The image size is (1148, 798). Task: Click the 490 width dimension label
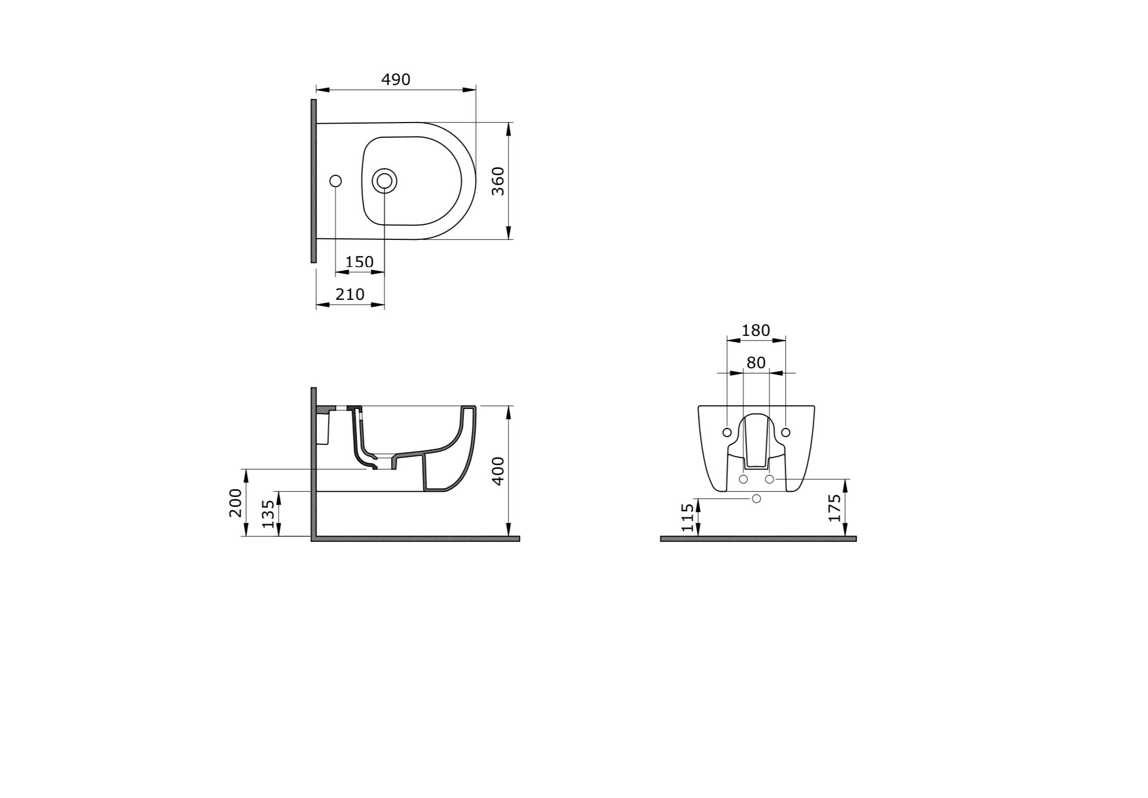(396, 80)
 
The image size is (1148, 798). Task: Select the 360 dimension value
(498, 181)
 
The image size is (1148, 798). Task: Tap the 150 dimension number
(359, 262)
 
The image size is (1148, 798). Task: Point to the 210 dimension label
(350, 295)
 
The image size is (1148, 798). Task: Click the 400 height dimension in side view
(498, 470)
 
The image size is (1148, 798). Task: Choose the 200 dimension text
(236, 502)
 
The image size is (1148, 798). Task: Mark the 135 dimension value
(268, 514)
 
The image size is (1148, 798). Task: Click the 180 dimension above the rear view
(755, 331)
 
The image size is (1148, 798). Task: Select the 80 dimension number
(756, 363)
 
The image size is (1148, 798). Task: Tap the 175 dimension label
(834, 507)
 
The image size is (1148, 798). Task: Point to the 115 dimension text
(688, 517)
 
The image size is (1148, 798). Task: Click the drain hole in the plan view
(384, 181)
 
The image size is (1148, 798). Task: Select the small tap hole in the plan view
(336, 181)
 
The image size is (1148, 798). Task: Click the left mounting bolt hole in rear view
(727, 432)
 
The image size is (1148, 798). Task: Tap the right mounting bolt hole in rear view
(786, 432)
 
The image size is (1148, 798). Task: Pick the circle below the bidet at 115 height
(756, 499)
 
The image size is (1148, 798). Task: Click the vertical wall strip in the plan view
(313, 181)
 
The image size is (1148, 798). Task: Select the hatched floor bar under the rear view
(758, 539)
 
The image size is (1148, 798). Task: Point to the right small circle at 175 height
(770, 479)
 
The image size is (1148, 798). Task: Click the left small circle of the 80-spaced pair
(743, 479)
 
